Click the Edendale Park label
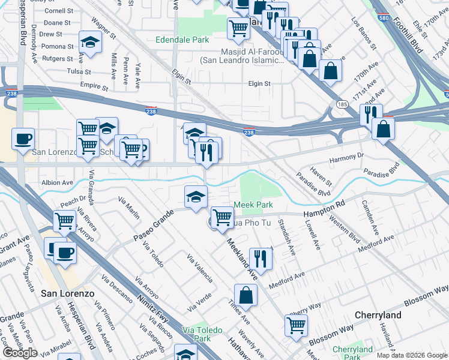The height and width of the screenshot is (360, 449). tap(182, 40)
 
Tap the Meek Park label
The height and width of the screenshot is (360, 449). tap(253, 205)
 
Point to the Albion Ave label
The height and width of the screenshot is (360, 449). tap(57, 182)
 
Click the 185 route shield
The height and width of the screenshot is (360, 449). tap(342, 104)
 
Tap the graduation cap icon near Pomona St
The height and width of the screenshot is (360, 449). tap(90, 42)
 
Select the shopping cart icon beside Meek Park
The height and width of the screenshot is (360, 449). tap(222, 217)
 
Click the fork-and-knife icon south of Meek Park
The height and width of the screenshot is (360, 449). tap(261, 258)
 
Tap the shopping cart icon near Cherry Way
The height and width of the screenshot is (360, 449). tap(296, 325)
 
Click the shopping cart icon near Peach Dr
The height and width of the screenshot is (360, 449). tap(64, 220)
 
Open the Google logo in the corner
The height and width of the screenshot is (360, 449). tap(19, 353)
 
